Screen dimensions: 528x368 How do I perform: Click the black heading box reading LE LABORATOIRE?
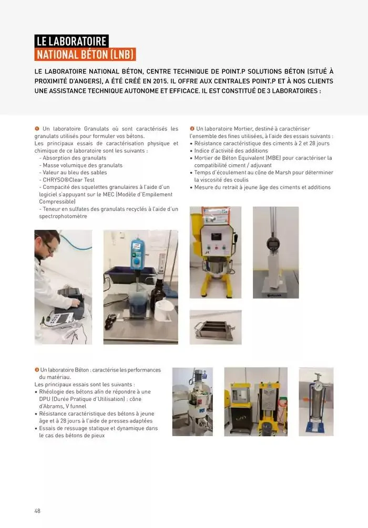71,41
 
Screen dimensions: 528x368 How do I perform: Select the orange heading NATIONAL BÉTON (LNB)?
85,55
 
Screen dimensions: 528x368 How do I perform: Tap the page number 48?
37,511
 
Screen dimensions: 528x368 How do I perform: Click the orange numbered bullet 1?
37,129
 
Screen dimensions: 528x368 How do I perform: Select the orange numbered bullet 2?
192,129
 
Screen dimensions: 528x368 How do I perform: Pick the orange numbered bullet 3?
37,370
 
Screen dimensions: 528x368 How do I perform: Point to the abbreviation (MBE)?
273,158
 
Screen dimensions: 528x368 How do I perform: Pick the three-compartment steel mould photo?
216,328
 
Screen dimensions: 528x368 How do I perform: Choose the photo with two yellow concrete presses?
256,402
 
